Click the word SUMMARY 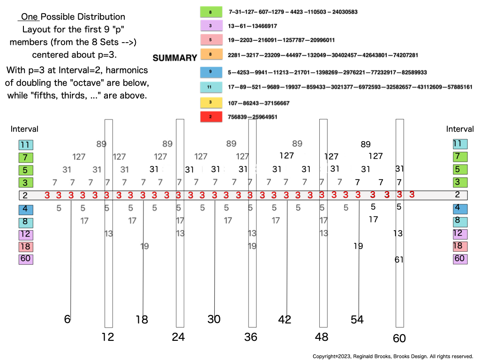coord(175,58)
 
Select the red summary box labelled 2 coord(210,117)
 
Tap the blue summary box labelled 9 coord(210,72)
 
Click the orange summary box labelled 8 coord(210,55)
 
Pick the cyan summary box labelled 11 coord(210,87)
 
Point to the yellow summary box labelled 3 coord(210,103)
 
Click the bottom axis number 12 coord(108,337)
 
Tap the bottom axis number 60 coord(399,338)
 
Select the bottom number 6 coord(67,319)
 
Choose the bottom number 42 coord(285,320)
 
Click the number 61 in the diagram coord(399,260)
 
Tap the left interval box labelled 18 coord(26,246)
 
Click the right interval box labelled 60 coord(460,259)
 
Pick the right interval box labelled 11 coord(460,144)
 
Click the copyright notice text coord(393,356)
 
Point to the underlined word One coord(29,17)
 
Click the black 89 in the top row coord(366,144)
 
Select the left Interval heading coord(24,129)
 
